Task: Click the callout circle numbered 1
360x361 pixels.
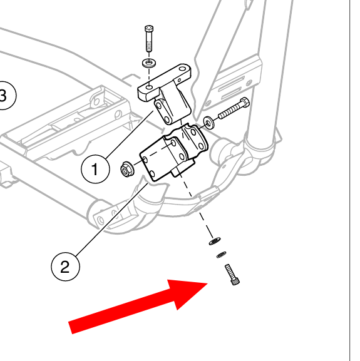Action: tap(95, 169)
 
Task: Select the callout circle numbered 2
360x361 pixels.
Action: tap(65, 267)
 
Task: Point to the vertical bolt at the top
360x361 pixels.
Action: tap(149, 39)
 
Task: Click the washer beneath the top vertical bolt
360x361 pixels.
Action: tap(149, 63)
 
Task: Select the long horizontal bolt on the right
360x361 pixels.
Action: tap(234, 108)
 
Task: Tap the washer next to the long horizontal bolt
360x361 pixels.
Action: tap(209, 123)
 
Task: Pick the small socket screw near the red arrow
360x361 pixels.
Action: tap(232, 275)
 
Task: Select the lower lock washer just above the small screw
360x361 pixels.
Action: tap(222, 255)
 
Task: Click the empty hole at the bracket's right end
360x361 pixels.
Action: tap(182, 69)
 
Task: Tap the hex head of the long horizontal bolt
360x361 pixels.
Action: tap(245, 103)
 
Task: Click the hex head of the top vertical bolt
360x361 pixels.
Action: tap(149, 29)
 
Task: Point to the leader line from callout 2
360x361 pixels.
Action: tap(111, 220)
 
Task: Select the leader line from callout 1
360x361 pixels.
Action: tap(130, 135)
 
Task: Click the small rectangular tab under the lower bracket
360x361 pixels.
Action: tap(176, 171)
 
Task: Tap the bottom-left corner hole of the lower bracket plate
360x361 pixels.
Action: tap(152, 174)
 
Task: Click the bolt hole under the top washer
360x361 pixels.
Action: tap(150, 87)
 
